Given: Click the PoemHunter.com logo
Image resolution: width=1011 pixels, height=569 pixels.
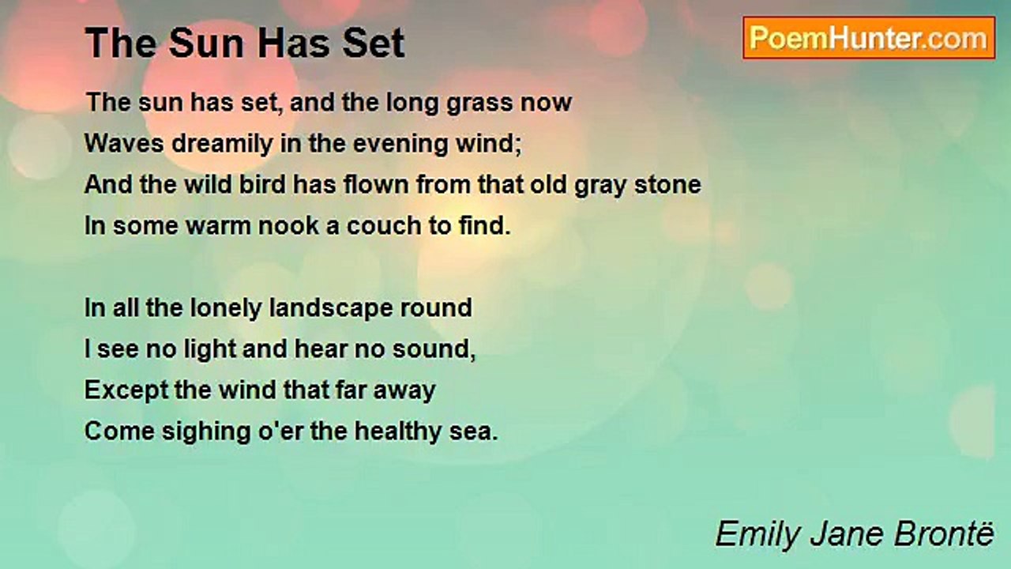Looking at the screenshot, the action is (x=869, y=38).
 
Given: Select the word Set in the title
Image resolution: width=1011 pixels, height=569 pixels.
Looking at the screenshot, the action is (x=374, y=43).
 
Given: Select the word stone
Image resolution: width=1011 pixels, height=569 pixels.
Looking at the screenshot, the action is (x=668, y=184).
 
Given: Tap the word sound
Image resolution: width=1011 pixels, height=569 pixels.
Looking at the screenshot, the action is (x=434, y=349).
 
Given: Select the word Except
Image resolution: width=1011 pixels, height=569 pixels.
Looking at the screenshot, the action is (x=126, y=390).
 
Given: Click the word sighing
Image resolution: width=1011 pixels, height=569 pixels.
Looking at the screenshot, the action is (x=206, y=432).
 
